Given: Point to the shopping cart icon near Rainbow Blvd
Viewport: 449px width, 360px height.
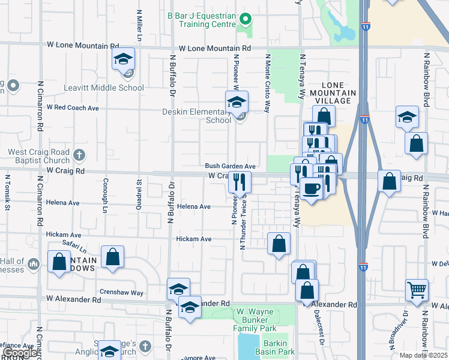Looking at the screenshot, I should click(x=417, y=290).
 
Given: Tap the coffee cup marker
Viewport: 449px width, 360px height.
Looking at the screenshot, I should click(x=311, y=189).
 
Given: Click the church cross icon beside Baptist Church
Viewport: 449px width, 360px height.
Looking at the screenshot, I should click(x=78, y=156).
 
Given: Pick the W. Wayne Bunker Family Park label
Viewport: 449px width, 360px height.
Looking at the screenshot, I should click(x=255, y=320).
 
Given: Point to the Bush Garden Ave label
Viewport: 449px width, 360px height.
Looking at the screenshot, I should click(x=231, y=166).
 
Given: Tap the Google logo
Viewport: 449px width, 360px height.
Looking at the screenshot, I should click(x=20, y=353).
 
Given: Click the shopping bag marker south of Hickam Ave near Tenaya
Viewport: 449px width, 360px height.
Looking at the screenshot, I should click(x=279, y=244).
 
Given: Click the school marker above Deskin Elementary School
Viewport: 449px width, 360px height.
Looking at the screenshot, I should click(x=237, y=102).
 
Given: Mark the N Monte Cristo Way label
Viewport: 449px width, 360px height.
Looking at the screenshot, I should click(x=268, y=82).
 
